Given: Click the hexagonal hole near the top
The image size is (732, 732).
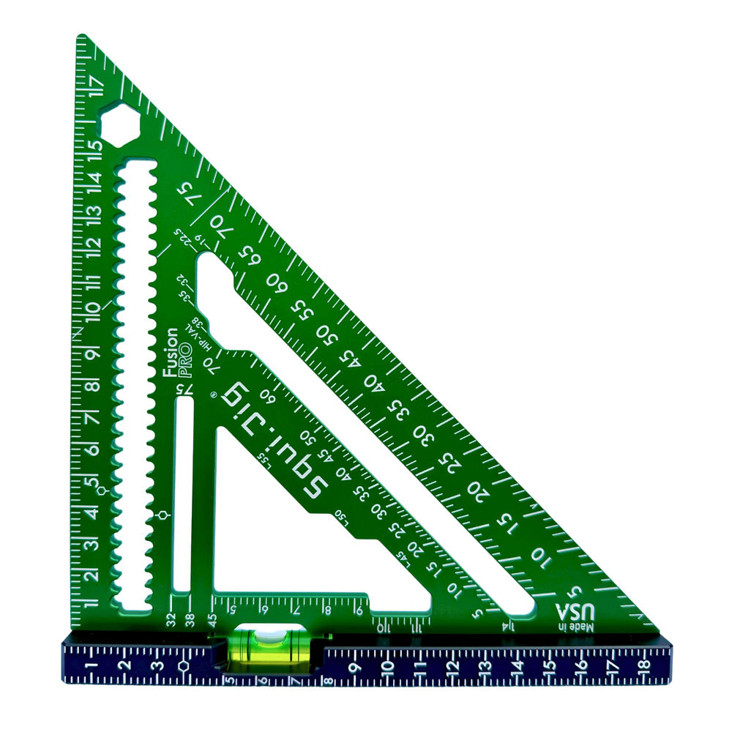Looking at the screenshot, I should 119,124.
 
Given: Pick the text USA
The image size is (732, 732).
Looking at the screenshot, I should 572,611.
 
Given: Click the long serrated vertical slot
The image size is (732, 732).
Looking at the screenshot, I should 135,381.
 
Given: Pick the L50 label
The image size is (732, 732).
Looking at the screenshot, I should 341,515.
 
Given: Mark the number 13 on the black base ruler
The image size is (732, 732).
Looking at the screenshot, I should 485,666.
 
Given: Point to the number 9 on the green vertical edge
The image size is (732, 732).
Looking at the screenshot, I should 93,353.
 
